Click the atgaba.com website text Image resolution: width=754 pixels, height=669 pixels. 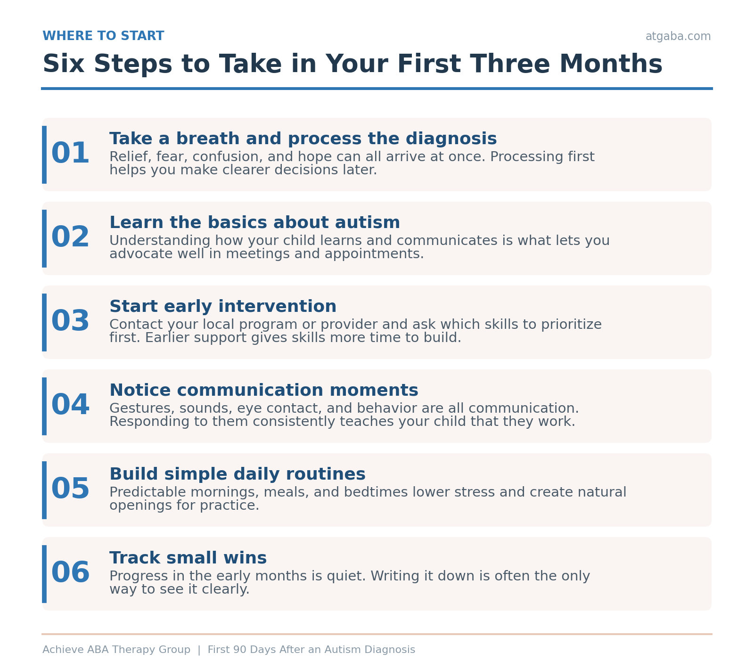[678, 37]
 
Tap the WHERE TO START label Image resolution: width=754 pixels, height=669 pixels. [103, 36]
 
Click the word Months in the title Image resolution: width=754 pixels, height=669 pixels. [611, 64]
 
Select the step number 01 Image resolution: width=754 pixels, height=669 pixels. [70, 154]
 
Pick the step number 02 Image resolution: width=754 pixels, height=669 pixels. [70, 237]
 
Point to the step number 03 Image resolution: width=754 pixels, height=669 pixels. [70, 321]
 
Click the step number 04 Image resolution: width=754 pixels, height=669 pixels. [70, 405]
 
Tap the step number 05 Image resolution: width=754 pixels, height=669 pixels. [70, 489]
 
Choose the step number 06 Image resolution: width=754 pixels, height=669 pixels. [70, 573]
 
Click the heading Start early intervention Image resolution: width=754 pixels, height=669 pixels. [223, 307]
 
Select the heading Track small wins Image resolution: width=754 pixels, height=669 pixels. [188, 558]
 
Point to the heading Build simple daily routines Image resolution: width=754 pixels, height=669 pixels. [238, 474]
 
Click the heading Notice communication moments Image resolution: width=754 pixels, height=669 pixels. [264, 391]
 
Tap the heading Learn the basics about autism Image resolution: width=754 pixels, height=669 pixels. [255, 223]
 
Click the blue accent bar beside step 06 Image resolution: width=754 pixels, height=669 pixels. [44, 574]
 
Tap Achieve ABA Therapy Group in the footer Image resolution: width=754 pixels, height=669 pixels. [116, 650]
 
